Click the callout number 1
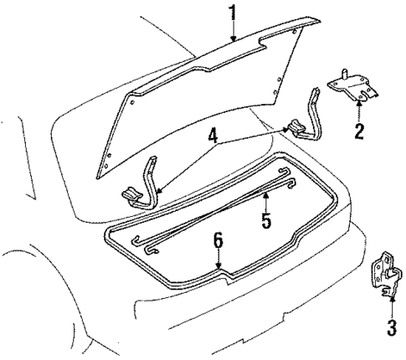tap(234, 13)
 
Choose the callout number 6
tap(218, 241)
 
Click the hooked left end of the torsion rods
tap(144, 244)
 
